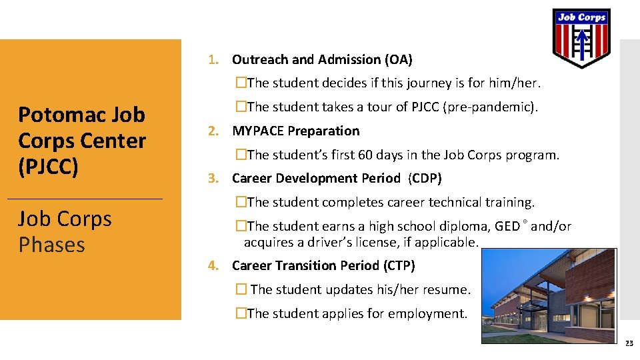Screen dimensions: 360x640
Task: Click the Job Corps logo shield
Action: pyautogui.click(x=581, y=37)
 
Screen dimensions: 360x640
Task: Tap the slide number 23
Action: pyautogui.click(x=629, y=343)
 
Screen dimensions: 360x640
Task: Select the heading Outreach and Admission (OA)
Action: pyautogui.click(x=322, y=59)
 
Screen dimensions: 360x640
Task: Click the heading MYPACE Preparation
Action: pyautogui.click(x=295, y=131)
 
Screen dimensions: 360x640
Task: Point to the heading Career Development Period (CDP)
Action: pyautogui.click(x=337, y=178)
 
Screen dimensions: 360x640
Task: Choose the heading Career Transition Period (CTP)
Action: pyautogui.click(x=323, y=265)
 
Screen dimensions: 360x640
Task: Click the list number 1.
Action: pyautogui.click(x=212, y=59)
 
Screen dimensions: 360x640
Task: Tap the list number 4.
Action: pyautogui.click(x=212, y=265)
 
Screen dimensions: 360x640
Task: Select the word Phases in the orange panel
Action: pyautogui.click(x=52, y=245)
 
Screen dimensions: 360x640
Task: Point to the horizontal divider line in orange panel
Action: pyautogui.click(x=84, y=199)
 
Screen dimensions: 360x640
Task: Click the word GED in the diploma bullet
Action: pyautogui.click(x=507, y=226)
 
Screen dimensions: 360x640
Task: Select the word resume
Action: pyautogui.click(x=447, y=289)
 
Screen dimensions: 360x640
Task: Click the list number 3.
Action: pyautogui.click(x=212, y=178)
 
